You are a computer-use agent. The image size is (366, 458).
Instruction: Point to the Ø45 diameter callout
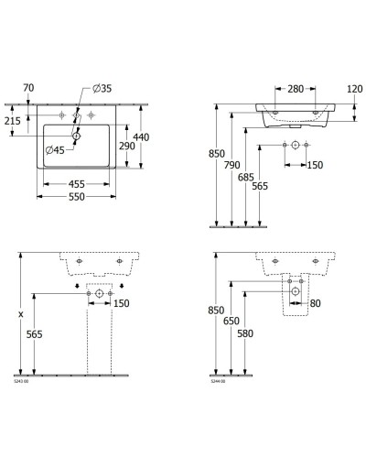[x=58, y=149]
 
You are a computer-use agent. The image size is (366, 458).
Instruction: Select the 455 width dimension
[x=80, y=184]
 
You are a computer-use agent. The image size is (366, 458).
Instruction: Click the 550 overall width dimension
[x=80, y=199]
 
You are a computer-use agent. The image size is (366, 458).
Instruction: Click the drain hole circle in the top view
[x=77, y=136]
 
